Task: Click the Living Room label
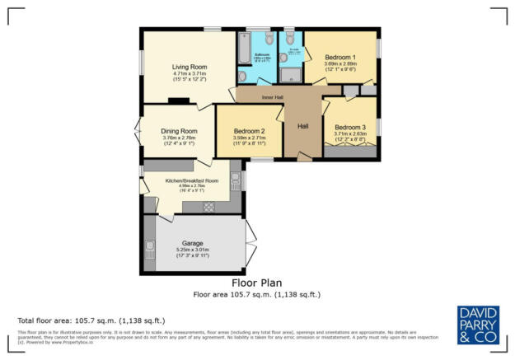coord(189,67)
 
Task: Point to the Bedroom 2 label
coord(249,132)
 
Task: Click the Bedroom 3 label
coord(350,127)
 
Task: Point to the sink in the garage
coord(149,245)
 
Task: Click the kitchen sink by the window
coord(235,180)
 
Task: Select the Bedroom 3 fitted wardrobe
coord(349,152)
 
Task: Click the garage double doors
coord(249,243)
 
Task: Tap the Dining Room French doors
coord(137,132)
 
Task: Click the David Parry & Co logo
coord(477,323)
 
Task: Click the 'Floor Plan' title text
coord(256,281)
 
